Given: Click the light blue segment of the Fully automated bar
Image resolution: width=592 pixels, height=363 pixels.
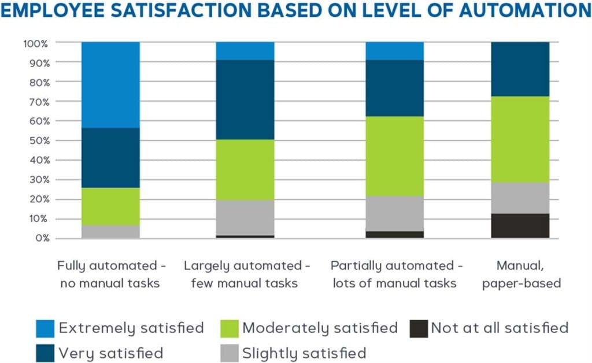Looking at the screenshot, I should tap(110, 84).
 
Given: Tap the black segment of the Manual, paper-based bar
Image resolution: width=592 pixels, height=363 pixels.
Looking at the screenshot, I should tap(520, 226).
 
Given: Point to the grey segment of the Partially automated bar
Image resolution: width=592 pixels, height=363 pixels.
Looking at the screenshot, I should tap(394, 213).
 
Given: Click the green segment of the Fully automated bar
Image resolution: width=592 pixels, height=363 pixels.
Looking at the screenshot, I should tap(110, 206).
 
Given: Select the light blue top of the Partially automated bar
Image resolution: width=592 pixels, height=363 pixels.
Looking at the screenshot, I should tap(394, 51).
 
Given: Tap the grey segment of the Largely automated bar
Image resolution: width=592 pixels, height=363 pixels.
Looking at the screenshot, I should tap(245, 217).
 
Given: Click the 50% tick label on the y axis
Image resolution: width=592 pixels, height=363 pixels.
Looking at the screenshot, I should tap(36, 140).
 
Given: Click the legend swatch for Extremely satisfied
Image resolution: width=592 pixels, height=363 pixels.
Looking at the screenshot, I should tap(45, 328).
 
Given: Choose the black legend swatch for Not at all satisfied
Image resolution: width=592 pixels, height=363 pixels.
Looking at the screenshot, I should tap(417, 328).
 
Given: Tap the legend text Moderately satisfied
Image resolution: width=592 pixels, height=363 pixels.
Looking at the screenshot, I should tap(320, 328).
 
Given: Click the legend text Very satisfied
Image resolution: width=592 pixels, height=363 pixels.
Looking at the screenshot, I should tap(110, 353).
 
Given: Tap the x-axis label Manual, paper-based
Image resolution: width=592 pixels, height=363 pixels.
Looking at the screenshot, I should tap(520, 274).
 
